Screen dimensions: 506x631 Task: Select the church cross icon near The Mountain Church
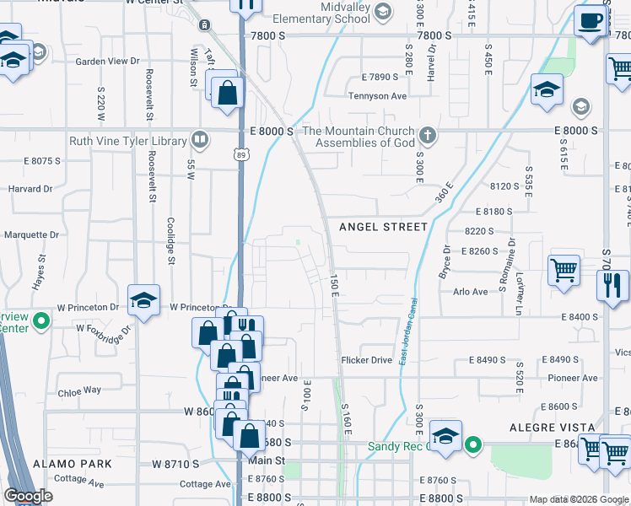click(x=428, y=135)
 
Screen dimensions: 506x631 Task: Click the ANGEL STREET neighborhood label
click(x=383, y=227)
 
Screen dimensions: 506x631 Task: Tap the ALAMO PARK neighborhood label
click(x=73, y=464)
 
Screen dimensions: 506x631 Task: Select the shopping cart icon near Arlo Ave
click(x=564, y=271)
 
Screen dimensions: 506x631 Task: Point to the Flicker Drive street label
click(x=367, y=360)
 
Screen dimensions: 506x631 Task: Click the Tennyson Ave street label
click(x=378, y=96)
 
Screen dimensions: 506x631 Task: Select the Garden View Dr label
click(x=107, y=62)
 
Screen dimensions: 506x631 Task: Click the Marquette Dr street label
click(x=32, y=235)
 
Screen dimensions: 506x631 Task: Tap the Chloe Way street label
click(x=79, y=390)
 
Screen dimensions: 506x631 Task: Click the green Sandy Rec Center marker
click(x=474, y=443)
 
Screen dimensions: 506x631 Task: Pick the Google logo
click(x=28, y=496)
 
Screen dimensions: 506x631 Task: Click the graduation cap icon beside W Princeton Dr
click(x=143, y=299)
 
